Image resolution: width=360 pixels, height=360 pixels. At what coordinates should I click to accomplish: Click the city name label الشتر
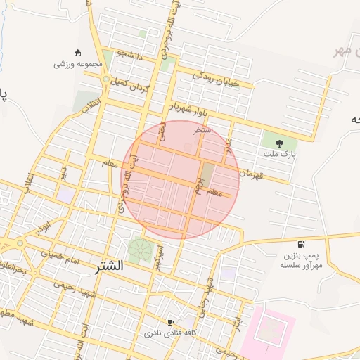click(108, 267)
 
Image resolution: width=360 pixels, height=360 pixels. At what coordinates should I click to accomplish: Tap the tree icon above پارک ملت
click(280, 142)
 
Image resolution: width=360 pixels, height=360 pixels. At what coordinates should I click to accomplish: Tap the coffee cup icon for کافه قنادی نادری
click(170, 322)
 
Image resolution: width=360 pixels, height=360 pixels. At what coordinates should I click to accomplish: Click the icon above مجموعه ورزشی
click(78, 53)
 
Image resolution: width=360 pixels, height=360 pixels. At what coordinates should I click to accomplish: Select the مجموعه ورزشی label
click(78, 64)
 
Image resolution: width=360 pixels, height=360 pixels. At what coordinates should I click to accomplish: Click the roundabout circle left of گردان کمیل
click(105, 80)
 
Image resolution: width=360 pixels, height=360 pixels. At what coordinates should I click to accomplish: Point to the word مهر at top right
click(342, 51)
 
